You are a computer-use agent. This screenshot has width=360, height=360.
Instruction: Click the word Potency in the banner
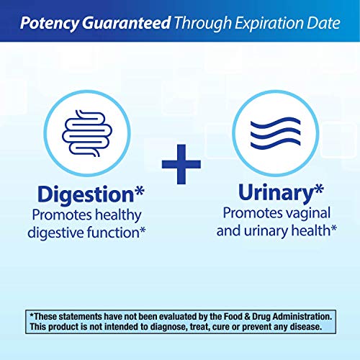click(50, 23)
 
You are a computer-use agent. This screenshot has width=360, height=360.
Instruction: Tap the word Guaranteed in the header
click(127, 22)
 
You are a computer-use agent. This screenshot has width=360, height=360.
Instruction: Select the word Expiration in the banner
click(269, 24)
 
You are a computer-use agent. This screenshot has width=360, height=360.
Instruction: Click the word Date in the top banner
click(323, 23)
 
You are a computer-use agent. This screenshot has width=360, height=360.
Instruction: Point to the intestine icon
click(87, 133)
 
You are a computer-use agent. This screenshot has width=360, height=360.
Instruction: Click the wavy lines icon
click(276, 133)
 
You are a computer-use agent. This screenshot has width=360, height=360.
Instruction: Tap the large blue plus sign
click(181, 164)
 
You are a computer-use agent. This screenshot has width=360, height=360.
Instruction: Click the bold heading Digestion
click(86, 194)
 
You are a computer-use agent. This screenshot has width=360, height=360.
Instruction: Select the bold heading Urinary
click(276, 193)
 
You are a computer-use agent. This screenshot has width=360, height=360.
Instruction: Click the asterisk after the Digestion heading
click(139, 191)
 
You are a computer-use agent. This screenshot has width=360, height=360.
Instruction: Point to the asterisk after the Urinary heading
click(319, 189)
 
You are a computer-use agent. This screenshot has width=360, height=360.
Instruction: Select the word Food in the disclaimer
click(233, 316)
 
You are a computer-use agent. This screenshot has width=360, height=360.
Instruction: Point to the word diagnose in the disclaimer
click(168, 327)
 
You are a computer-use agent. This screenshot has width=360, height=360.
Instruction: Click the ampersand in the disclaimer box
click(247, 317)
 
